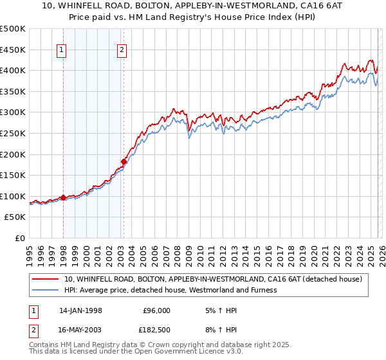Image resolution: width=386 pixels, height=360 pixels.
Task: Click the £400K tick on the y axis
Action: pos(14,70)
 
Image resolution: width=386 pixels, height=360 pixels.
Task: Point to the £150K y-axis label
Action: pos(14,175)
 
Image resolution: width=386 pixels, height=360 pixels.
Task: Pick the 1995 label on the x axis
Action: pos(30,251)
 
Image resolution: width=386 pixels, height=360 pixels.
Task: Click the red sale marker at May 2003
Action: pos(124,161)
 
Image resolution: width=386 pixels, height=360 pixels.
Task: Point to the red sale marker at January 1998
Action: pos(64,197)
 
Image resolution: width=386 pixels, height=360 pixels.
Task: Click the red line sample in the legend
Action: pos(45,279)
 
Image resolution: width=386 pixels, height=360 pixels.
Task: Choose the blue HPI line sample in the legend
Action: pos(45,290)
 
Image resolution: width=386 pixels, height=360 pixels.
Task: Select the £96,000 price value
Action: pos(156,310)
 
